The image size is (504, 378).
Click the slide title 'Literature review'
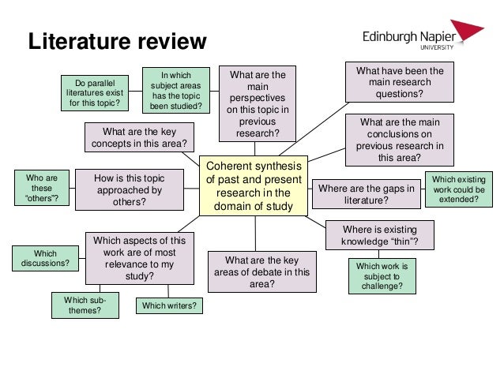click(x=117, y=41)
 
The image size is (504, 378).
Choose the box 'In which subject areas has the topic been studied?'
click(x=176, y=91)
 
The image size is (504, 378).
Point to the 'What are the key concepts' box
click(x=139, y=137)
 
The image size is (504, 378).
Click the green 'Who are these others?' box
click(x=41, y=191)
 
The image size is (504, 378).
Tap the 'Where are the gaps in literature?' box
click(x=364, y=194)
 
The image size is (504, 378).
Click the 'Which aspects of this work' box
click(x=139, y=258)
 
